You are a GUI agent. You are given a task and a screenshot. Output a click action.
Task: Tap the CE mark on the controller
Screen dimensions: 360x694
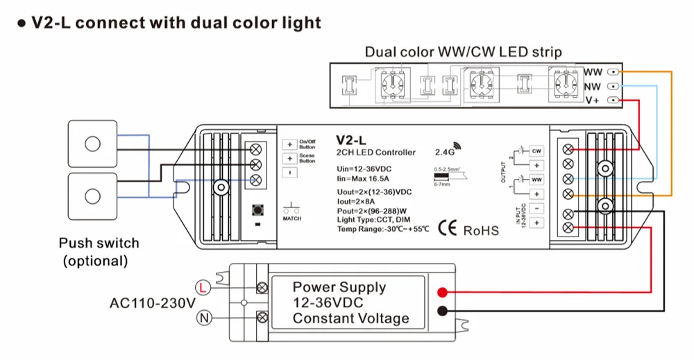pos(448,230)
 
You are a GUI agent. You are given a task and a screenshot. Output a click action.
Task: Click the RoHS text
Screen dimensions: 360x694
pos(480,230)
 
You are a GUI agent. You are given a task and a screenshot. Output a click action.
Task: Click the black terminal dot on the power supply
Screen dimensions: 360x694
pos(442,311)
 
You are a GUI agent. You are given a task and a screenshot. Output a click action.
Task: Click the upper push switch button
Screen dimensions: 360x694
pos(92,144)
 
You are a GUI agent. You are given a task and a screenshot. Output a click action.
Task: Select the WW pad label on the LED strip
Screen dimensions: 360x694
pos(593,72)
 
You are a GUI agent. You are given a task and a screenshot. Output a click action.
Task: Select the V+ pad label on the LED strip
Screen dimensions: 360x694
pos(593,101)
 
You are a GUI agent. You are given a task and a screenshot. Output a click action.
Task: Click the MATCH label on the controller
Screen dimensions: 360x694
pos(292,218)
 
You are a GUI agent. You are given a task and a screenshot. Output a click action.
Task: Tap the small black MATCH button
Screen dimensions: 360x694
pos(257,210)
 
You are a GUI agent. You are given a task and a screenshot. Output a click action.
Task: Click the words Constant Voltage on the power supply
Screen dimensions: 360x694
pos(350,318)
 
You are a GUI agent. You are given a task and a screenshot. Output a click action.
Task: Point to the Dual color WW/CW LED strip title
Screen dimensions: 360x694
pos(464,52)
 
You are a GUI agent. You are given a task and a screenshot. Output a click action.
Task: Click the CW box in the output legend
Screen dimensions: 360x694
pos(536,151)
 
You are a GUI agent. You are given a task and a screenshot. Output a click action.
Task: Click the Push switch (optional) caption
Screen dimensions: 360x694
pos(99,252)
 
